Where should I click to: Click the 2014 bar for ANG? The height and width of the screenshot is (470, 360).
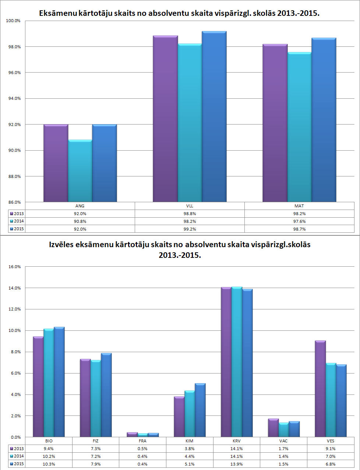point(80,171)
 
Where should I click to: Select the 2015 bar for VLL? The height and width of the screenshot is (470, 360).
point(214,117)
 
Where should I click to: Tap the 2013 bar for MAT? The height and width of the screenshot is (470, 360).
point(275,123)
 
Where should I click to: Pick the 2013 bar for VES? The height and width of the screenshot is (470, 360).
point(320,389)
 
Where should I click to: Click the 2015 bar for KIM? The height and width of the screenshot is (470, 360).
point(200,410)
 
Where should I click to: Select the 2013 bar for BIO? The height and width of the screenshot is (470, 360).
point(38,387)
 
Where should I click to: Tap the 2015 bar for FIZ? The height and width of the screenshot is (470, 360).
point(106,395)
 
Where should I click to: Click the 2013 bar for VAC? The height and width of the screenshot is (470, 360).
point(273,428)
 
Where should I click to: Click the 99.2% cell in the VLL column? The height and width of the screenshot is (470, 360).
point(190,229)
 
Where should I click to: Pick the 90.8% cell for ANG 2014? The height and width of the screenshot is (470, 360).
point(80,221)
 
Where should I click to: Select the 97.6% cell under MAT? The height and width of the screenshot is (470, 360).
point(299,221)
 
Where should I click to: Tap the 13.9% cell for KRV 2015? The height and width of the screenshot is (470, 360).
point(236,464)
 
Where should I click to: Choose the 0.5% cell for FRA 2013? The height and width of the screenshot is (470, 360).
point(142,449)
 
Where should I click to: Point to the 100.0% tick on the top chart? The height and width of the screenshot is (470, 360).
point(13,21)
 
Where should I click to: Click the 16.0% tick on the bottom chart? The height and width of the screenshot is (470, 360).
point(15,267)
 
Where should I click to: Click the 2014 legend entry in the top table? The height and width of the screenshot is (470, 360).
point(17,221)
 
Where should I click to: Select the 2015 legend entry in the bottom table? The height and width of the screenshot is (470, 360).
point(17,464)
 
